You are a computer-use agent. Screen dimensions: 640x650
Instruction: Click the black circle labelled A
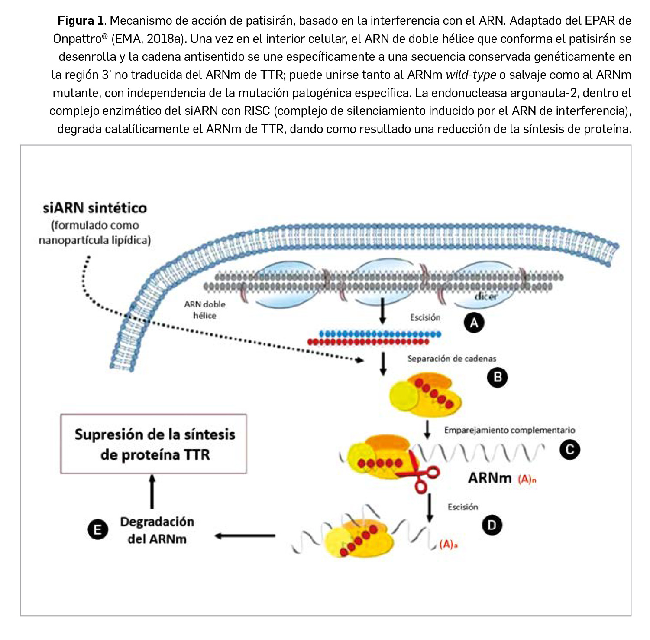pos(474,323)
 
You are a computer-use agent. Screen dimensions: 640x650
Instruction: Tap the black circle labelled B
pos(498,377)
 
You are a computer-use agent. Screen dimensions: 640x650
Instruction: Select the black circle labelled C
pos(570,450)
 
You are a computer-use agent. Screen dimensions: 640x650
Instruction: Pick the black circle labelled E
pos(98,530)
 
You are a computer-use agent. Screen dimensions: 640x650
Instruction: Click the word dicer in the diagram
pos(486,297)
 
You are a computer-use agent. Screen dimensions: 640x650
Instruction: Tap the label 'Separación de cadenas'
pos(452,359)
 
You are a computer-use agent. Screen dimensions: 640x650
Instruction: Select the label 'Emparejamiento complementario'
pos(509,430)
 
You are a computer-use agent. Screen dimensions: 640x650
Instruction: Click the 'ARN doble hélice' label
pos(205,310)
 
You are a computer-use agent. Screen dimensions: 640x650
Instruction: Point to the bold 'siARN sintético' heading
pos(95,208)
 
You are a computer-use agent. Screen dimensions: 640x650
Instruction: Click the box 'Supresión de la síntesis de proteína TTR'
pos(154,444)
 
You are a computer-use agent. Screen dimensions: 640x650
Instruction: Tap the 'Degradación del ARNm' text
pos(157,530)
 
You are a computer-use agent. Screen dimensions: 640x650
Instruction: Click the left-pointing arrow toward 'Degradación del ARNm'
pos(245,536)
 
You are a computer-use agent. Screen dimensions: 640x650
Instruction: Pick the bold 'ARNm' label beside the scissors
pos(490,478)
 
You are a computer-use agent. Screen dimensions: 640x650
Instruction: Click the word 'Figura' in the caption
pos(76,20)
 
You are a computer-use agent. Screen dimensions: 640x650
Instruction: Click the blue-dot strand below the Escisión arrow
pos(380,334)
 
